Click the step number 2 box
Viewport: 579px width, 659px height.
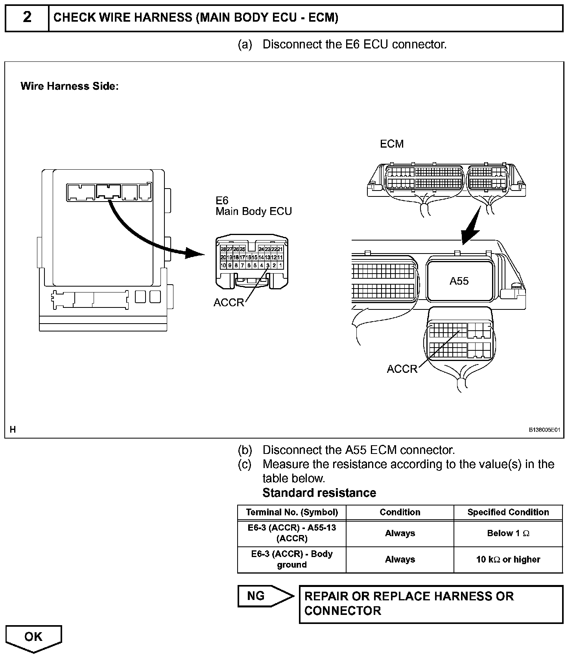point(27,18)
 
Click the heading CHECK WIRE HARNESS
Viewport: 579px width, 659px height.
point(195,18)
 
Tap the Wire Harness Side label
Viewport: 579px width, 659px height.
point(69,86)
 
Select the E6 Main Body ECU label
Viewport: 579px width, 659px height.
point(253,206)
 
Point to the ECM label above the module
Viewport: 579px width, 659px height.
point(391,144)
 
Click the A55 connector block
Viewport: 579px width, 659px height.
point(459,281)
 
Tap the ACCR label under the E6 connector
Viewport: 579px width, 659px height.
point(229,303)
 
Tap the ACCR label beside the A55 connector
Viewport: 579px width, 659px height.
point(402,369)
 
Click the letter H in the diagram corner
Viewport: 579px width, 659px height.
point(13,429)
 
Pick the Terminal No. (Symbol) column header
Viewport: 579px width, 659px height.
point(292,512)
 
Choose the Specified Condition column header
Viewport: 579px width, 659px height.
point(508,512)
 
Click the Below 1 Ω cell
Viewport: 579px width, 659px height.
point(508,533)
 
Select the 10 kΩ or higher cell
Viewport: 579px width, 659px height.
point(508,559)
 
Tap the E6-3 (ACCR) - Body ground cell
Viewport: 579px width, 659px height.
point(292,559)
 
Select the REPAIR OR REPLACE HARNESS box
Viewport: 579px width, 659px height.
point(431,604)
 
